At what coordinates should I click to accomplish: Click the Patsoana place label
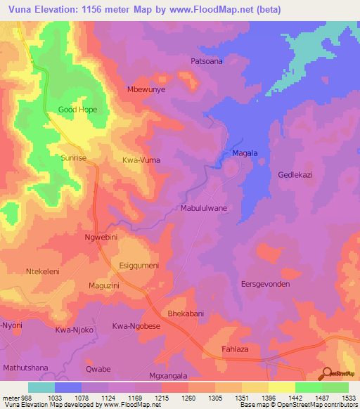click(x=207, y=61)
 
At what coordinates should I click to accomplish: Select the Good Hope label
click(x=77, y=110)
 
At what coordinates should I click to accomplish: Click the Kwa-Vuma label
click(x=141, y=160)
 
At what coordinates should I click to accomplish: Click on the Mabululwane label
click(x=204, y=209)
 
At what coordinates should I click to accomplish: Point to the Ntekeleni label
click(x=44, y=271)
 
